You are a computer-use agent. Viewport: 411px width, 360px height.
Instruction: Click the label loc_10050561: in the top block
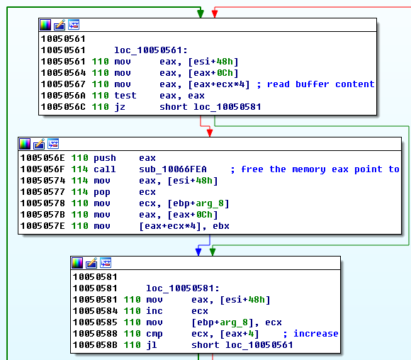coord(151,50)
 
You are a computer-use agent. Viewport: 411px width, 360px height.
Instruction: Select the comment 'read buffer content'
coord(320,84)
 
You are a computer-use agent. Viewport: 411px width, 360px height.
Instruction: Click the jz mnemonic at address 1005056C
coord(120,107)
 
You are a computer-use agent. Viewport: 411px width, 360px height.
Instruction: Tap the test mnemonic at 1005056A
coord(125,96)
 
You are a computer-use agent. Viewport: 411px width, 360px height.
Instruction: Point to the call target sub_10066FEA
coord(173,169)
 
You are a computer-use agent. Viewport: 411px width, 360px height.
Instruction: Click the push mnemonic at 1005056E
coord(105,158)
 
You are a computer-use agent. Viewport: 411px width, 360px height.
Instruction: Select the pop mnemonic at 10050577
coord(102,192)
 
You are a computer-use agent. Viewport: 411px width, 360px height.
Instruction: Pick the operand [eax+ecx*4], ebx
coord(184,226)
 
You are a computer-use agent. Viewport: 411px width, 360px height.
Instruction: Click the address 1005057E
coord(43,226)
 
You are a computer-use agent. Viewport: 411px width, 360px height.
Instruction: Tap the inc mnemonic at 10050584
coord(154,311)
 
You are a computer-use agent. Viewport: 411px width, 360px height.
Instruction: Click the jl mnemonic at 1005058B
coord(152,345)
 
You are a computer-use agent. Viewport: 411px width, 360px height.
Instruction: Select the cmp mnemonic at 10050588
coord(154,334)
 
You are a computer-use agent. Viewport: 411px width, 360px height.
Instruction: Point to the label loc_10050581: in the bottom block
coord(182,288)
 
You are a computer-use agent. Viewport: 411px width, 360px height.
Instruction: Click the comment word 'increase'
coord(315,334)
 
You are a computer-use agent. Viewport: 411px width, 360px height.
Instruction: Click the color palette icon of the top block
coord(45,25)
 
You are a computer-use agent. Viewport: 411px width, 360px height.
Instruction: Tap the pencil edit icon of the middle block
coord(39,144)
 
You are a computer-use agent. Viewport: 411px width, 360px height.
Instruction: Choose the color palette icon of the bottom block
coord(77,263)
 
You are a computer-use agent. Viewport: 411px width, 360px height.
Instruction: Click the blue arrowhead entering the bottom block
coord(198,252)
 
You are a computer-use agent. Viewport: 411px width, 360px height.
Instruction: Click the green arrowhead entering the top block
coord(201,13)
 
